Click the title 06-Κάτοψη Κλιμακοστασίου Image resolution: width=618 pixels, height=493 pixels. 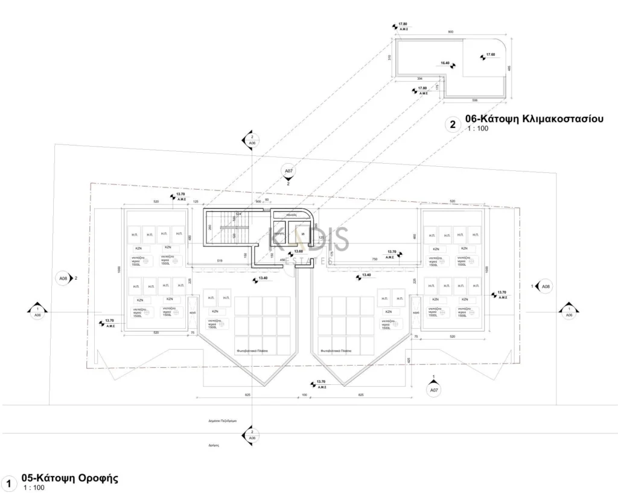(x=534, y=119)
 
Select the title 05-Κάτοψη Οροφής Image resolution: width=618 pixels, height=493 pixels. (x=69, y=478)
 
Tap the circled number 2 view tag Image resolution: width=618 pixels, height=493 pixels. (x=452, y=125)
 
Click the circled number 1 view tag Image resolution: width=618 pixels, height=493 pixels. (x=8, y=484)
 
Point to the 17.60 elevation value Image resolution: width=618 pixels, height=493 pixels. (x=490, y=56)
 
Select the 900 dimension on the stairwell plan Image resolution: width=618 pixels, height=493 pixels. (x=450, y=31)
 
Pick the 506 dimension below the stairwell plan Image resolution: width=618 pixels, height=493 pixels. (x=474, y=100)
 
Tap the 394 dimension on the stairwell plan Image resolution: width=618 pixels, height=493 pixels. (x=419, y=79)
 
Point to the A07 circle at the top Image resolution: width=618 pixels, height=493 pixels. (x=288, y=172)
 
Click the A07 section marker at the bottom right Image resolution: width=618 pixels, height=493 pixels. (x=433, y=390)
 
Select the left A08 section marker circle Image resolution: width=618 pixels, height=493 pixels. (x=63, y=279)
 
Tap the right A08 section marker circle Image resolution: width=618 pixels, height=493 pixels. (x=545, y=286)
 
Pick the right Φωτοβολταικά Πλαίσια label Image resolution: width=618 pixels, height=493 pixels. (x=337, y=350)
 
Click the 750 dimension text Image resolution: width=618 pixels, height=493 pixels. (x=374, y=259)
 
